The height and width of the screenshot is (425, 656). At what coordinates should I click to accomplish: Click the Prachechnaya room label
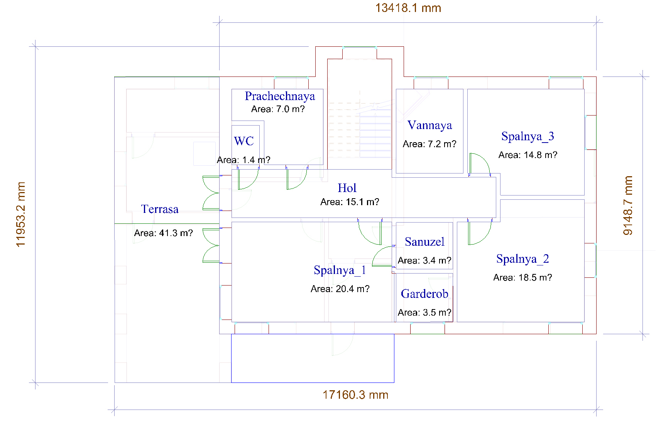tap(280, 97)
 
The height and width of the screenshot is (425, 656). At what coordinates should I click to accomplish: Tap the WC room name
tap(243, 141)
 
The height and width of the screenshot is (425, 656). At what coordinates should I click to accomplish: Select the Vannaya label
tap(429, 125)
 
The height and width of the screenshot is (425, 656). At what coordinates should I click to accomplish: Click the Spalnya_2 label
tap(522, 259)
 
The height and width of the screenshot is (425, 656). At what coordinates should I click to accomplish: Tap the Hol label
tap(347, 188)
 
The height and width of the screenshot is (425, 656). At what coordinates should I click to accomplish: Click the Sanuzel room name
tap(424, 242)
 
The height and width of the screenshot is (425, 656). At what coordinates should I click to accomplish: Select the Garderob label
tap(424, 294)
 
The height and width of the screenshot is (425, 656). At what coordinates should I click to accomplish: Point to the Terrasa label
tap(160, 209)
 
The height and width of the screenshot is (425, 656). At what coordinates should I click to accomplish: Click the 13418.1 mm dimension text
tap(408, 8)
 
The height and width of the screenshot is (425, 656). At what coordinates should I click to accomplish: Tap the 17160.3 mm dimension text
tap(355, 395)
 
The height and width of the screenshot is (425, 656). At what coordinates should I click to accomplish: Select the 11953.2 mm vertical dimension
tap(20, 214)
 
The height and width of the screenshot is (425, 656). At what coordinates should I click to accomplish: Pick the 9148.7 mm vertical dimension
tap(627, 206)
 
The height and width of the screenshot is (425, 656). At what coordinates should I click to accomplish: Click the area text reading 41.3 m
tap(163, 233)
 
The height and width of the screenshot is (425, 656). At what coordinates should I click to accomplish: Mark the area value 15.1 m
tap(350, 202)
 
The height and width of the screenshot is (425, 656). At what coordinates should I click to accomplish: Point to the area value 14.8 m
tap(528, 155)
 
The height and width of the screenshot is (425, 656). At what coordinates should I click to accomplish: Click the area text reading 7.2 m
tap(429, 144)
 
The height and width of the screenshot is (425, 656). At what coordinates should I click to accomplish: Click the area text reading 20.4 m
tap(340, 289)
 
